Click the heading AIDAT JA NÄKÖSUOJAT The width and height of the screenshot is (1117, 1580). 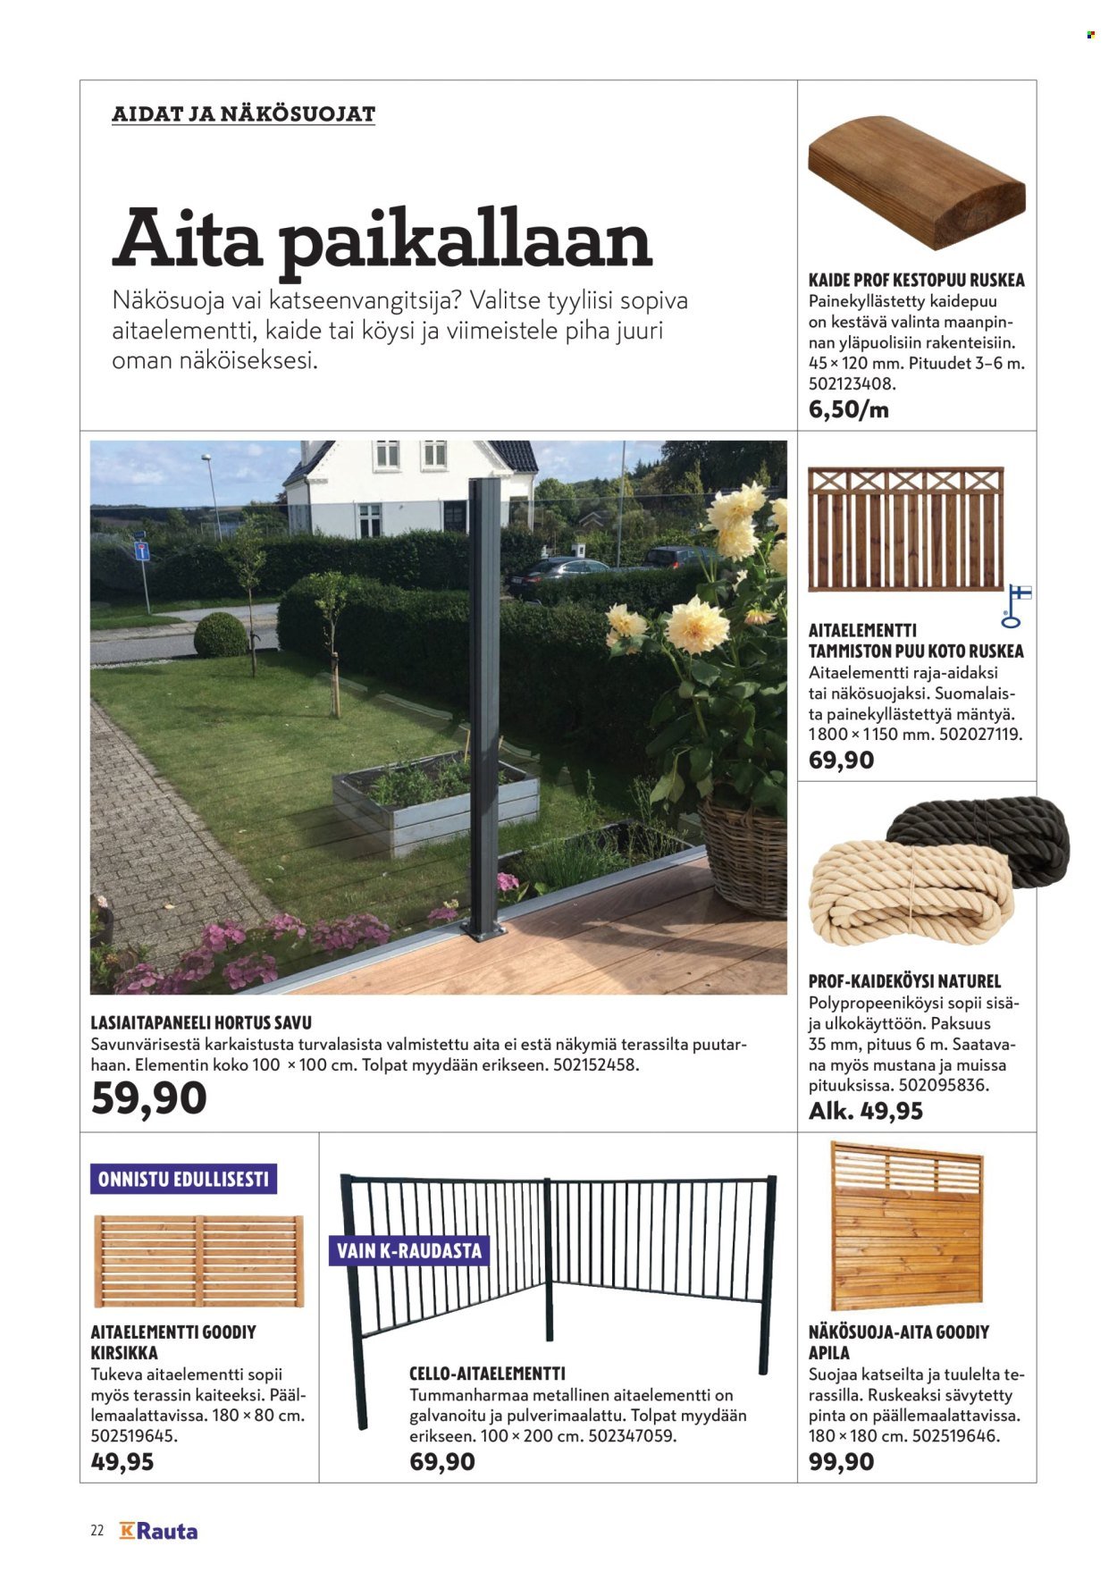click(243, 114)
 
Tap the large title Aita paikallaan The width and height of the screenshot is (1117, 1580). click(382, 240)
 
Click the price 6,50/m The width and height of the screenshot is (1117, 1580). click(848, 410)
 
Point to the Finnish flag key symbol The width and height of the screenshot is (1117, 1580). click(1016, 605)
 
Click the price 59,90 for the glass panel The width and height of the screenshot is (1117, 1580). click(148, 1098)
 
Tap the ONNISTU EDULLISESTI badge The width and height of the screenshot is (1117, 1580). click(183, 1179)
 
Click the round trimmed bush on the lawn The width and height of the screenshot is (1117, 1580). click(220, 635)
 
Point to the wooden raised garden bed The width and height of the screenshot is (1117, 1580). click(435, 801)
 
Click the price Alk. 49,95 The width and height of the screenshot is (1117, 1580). click(865, 1111)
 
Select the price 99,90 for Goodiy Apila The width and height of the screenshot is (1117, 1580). click(841, 1462)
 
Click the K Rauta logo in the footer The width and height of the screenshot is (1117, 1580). click(158, 1531)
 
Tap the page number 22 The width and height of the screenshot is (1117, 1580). click(97, 1531)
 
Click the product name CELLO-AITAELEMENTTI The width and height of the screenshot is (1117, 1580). click(487, 1374)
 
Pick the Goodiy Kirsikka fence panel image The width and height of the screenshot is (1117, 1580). click(198, 1260)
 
